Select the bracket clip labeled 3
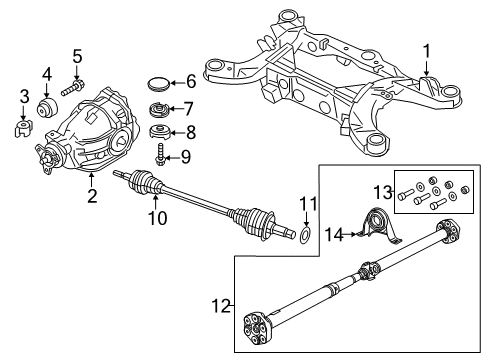(x=25, y=128)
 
